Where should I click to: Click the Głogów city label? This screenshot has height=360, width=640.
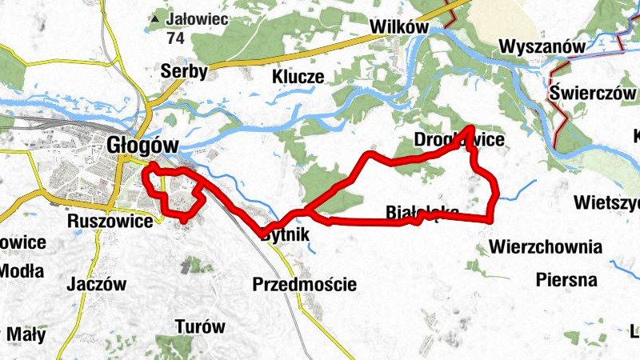point(141,145)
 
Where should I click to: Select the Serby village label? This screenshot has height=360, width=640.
point(184,71)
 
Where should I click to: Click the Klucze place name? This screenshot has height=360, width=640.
point(298,77)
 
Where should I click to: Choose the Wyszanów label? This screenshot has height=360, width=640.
point(542,46)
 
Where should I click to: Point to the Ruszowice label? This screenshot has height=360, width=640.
point(110,221)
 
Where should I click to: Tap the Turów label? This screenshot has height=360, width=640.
point(200,326)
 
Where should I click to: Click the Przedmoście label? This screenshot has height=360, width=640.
point(304,284)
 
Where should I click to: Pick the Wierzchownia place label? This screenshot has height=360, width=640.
point(547,246)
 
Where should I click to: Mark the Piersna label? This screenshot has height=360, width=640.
point(567,280)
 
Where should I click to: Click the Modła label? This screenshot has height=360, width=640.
point(21,271)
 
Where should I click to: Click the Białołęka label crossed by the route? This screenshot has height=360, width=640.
point(422,211)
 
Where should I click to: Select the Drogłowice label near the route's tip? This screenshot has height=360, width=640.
point(459,141)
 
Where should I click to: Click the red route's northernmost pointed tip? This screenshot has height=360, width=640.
point(470,128)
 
